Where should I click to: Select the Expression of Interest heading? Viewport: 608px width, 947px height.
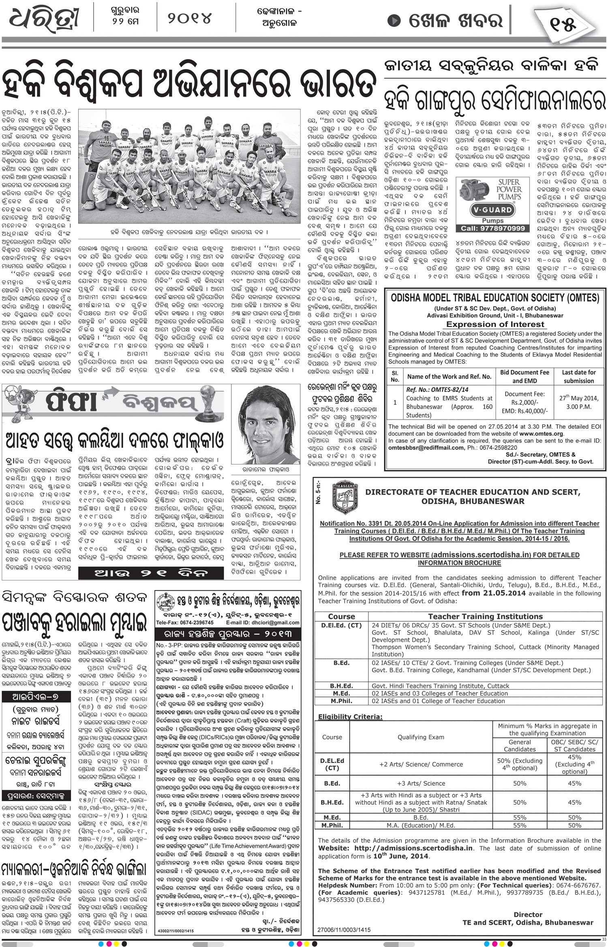(x=495, y=324)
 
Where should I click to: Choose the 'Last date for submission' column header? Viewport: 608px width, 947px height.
(x=578, y=376)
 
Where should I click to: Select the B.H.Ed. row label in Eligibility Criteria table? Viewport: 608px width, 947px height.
(x=332, y=802)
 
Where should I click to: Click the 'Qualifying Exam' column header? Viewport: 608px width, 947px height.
(x=421, y=737)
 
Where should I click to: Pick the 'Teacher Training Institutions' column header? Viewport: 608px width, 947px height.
(x=485, y=616)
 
